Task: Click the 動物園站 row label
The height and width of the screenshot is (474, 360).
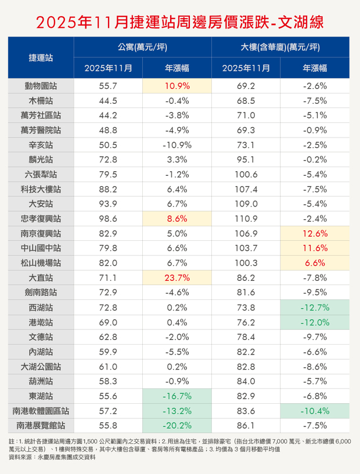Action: tap(41, 86)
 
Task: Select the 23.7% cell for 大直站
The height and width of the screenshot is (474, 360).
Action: tap(178, 277)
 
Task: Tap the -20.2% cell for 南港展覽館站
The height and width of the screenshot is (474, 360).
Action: tap(178, 425)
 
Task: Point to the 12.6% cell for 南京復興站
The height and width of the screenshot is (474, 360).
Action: tap(315, 233)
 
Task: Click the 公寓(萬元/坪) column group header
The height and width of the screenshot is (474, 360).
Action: tap(143, 48)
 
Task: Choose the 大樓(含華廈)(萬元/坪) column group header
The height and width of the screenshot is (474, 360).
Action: tap(281, 48)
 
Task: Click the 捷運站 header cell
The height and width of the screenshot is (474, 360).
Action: tap(41, 57)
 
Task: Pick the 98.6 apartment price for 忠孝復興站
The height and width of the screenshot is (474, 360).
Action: tap(109, 218)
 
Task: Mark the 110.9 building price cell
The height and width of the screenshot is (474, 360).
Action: tap(246, 218)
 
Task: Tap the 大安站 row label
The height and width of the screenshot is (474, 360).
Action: tap(41, 204)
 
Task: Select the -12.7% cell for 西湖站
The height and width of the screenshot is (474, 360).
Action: tap(315, 307)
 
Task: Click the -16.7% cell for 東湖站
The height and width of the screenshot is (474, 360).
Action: tap(178, 395)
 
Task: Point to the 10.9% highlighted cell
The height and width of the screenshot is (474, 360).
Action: tap(178, 86)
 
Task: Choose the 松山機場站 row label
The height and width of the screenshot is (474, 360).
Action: tap(41, 262)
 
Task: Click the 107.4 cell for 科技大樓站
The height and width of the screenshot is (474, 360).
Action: tap(246, 189)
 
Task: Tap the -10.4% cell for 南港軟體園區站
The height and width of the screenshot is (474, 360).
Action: tap(315, 410)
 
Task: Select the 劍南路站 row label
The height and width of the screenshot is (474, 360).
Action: tap(41, 292)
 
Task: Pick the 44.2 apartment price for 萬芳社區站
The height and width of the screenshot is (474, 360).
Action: tap(109, 115)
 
